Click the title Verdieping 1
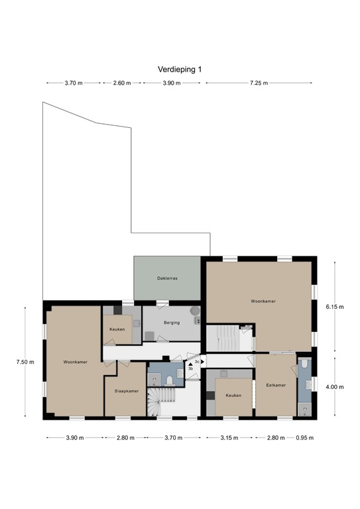pos(180,69)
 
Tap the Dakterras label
pos(167,278)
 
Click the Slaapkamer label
pos(126,391)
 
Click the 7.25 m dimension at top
pos(260,84)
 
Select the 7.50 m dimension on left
pos(25,362)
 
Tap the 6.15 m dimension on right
pos(335,307)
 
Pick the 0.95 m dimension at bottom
pos(304,438)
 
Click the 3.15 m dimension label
pos(229,438)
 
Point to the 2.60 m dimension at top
pos(122,84)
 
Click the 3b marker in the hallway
pos(190,368)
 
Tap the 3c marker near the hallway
pos(196,362)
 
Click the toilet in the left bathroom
pos(170,380)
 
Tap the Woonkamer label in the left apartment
pos(76,362)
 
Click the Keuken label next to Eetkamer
pos(233,395)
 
